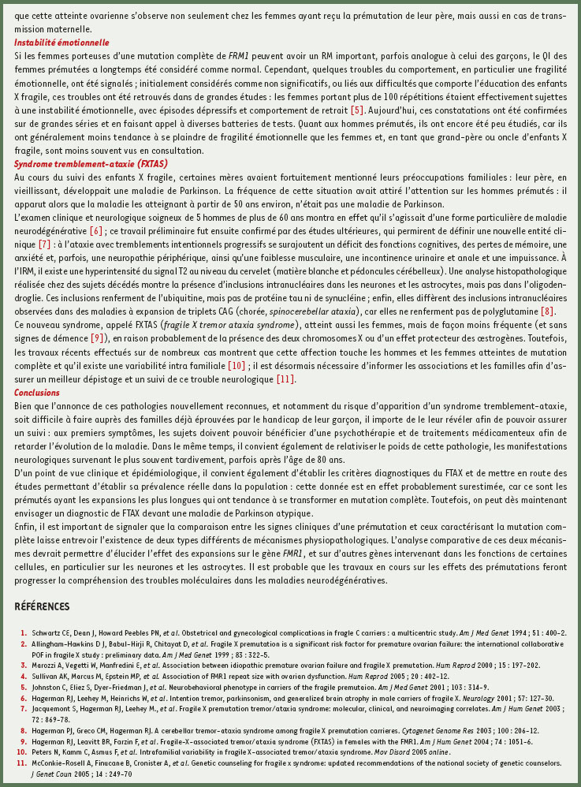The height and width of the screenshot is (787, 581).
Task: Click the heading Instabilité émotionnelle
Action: (x=61, y=43)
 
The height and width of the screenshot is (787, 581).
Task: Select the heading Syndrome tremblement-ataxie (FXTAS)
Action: (x=91, y=164)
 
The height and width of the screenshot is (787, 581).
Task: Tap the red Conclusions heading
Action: (x=37, y=393)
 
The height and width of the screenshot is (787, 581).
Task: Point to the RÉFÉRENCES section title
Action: (x=43, y=606)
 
